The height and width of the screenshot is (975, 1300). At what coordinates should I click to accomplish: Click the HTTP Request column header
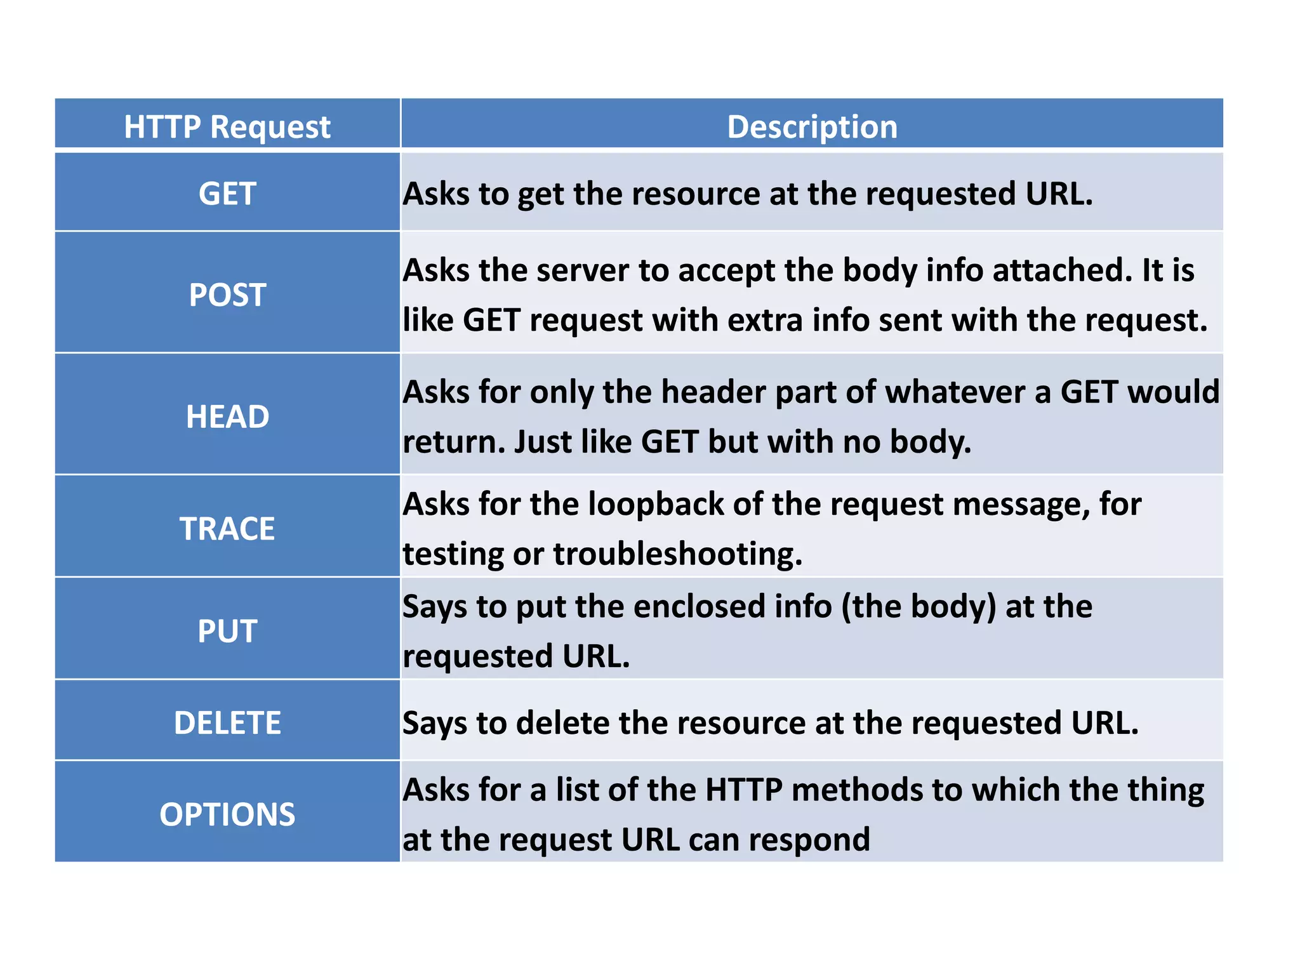pyautogui.click(x=227, y=127)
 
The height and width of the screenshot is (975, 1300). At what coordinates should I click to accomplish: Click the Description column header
pyautogui.click(x=812, y=127)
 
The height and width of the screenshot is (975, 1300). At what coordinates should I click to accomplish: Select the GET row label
pyautogui.click(x=227, y=194)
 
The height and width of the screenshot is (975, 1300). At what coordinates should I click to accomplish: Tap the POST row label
pyautogui.click(x=227, y=295)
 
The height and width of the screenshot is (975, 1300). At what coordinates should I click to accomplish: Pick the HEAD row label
pyautogui.click(x=227, y=417)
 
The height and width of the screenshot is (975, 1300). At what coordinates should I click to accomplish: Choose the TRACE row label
pyautogui.click(x=227, y=529)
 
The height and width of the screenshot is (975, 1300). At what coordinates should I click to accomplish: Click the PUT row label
pyautogui.click(x=227, y=632)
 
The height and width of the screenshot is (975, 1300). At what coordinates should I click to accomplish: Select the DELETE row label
pyautogui.click(x=227, y=723)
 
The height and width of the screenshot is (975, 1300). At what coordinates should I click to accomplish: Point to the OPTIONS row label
pyautogui.click(x=227, y=814)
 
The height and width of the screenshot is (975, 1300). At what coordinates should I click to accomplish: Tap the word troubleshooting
pyautogui.click(x=677, y=554)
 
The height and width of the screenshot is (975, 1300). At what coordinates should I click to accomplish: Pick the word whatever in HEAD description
pyautogui.click(x=954, y=392)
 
